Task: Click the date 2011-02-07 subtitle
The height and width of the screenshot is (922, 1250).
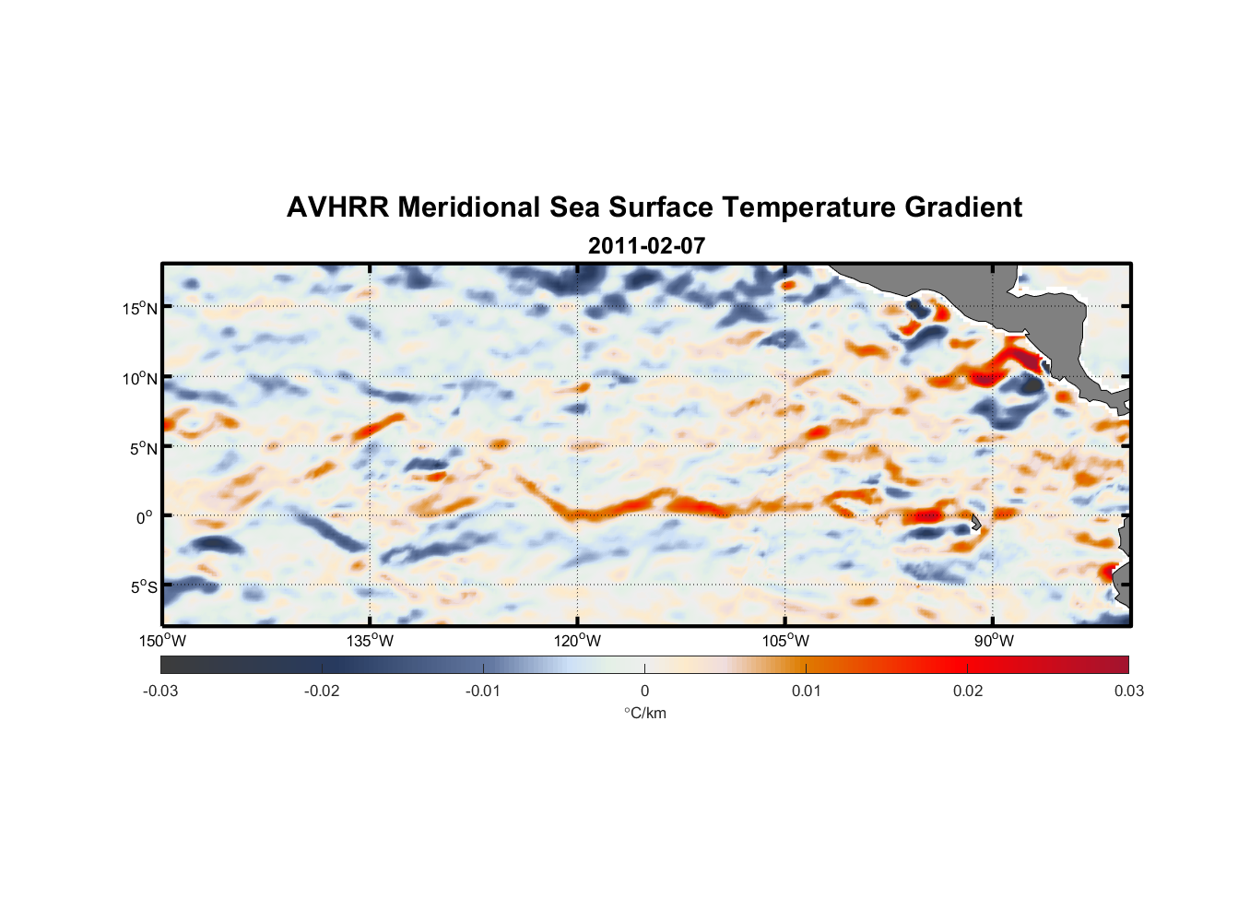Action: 646,246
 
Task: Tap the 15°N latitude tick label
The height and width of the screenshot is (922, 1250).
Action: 140,308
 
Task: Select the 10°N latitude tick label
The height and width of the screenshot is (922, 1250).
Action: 140,378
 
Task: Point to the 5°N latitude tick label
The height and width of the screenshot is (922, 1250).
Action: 143,448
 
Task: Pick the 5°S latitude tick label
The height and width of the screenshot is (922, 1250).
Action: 143,586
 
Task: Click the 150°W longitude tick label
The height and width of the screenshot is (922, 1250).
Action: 162,641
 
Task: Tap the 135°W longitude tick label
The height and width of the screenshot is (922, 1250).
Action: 370,641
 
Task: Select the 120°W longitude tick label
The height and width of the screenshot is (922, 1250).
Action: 577,641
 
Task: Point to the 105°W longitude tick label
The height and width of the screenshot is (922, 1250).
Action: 785,641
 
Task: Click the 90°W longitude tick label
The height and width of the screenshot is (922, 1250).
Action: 993,641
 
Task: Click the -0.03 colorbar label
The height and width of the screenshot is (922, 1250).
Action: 160,691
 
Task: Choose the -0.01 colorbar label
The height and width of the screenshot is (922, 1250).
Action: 483,691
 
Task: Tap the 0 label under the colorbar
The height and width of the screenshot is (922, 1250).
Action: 644,691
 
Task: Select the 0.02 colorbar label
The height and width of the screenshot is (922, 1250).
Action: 968,691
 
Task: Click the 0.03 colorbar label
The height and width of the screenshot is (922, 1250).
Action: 1128,691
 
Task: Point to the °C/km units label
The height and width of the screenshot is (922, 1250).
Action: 644,713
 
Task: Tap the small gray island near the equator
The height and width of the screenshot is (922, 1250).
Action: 976,523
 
